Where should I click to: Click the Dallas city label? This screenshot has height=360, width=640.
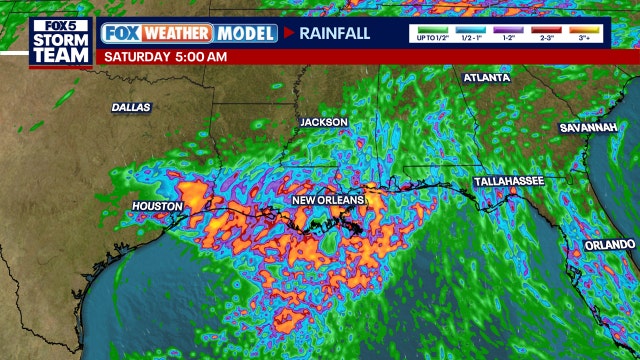130,107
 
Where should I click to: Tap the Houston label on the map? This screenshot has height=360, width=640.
157,206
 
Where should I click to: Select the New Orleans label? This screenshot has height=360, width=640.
327,200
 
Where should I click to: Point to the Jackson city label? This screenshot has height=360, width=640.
324,122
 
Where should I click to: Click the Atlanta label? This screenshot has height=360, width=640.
486,77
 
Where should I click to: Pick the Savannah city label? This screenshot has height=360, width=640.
588,128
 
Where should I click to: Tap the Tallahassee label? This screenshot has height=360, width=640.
508,181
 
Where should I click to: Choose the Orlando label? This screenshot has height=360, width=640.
610,244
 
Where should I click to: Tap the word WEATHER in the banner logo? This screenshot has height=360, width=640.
175,33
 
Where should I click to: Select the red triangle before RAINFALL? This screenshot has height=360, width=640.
288,33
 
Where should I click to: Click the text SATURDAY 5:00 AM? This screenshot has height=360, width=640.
165,56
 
